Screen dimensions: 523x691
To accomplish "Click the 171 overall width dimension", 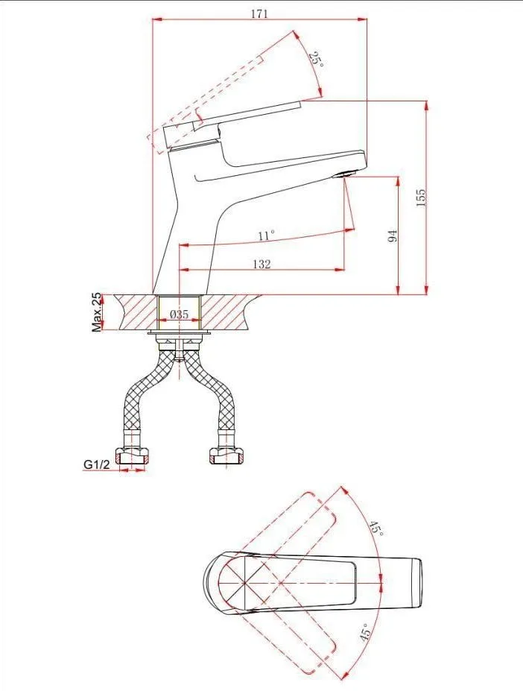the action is click(x=259, y=13).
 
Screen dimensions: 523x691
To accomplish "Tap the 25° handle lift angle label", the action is click(x=316, y=59).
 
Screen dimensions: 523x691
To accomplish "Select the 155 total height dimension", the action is click(x=421, y=198).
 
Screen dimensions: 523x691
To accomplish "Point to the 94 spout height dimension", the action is click(x=393, y=236).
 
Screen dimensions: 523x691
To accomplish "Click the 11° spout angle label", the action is click(x=266, y=236).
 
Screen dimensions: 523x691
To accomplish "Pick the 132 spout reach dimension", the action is click(x=261, y=264).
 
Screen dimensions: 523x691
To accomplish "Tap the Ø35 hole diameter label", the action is click(x=180, y=315).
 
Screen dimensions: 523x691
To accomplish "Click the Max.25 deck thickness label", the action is click(x=96, y=312).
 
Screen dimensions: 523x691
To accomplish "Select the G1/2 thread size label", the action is click(x=96, y=464).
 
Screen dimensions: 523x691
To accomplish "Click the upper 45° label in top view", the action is click(x=375, y=528).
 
